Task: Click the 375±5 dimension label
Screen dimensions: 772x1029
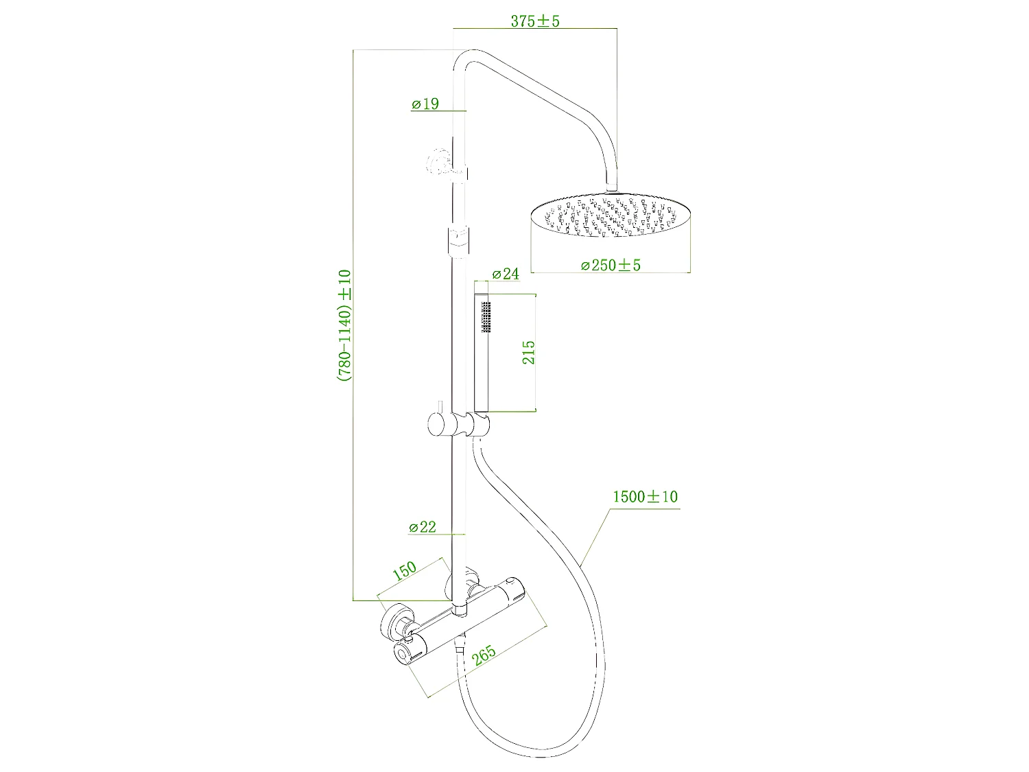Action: pyautogui.click(x=535, y=21)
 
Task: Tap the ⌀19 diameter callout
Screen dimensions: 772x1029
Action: pyautogui.click(x=425, y=104)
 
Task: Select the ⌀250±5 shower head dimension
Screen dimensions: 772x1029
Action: pyautogui.click(x=611, y=265)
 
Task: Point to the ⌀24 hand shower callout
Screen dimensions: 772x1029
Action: pyautogui.click(x=506, y=274)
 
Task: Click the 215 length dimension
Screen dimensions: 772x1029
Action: pyautogui.click(x=529, y=353)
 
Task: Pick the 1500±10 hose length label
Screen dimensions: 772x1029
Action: pyautogui.click(x=645, y=497)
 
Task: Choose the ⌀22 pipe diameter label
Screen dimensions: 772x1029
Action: pyautogui.click(x=423, y=527)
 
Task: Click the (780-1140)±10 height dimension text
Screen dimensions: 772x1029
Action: pyautogui.click(x=344, y=325)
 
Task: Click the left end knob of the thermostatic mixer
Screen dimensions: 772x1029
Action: pyautogui.click(x=403, y=654)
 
